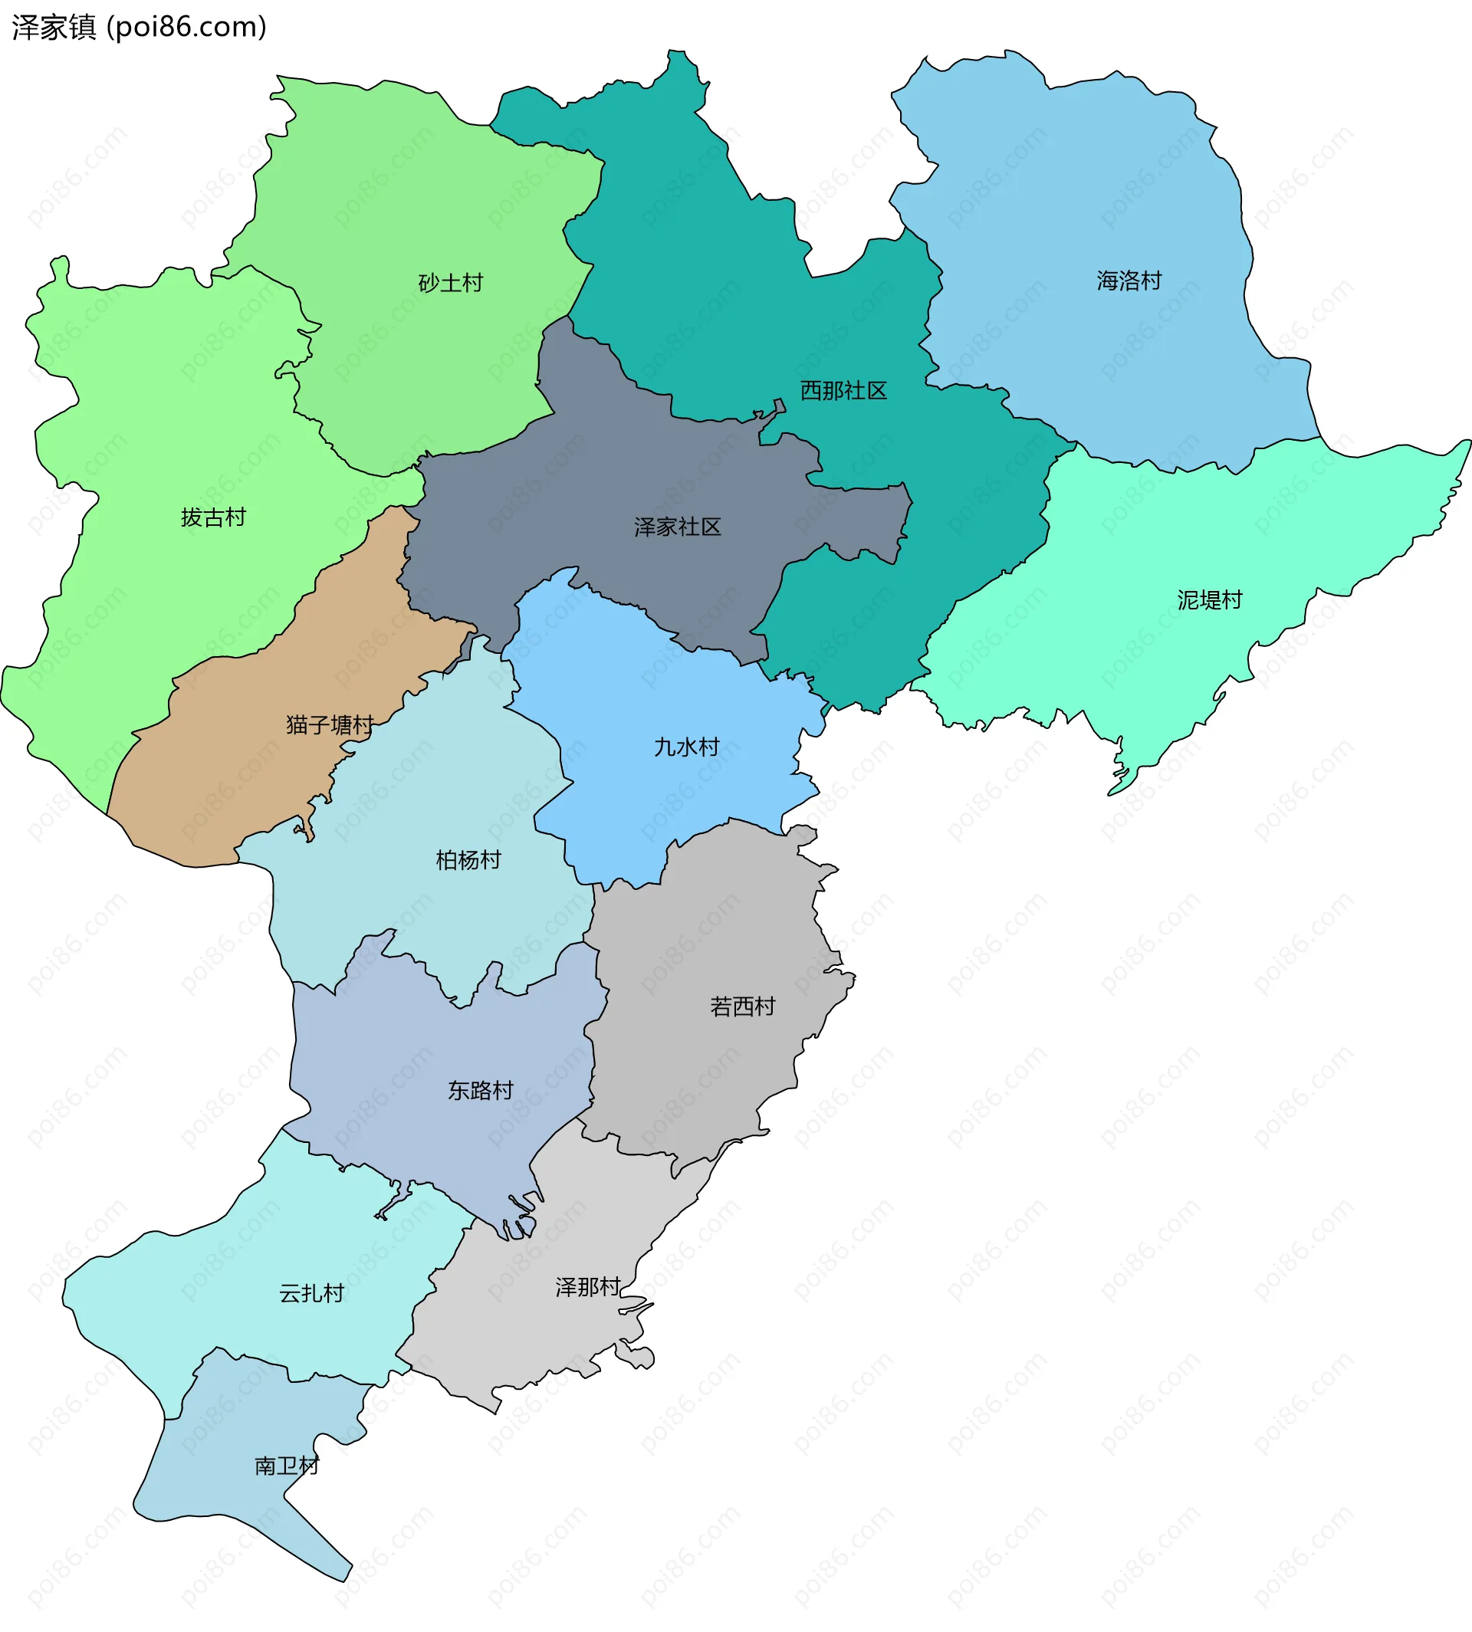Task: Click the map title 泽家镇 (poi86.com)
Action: pyautogui.click(x=139, y=28)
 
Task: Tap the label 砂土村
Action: pyautogui.click(x=451, y=283)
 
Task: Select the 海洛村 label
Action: pyautogui.click(x=1129, y=281)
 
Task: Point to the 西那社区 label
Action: pyautogui.click(x=843, y=391)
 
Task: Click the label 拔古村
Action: pyautogui.click(x=214, y=517)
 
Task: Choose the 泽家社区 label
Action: pyautogui.click(x=678, y=527)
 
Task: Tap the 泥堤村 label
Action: pyautogui.click(x=1209, y=600)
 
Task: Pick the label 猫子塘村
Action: pyautogui.click(x=330, y=724)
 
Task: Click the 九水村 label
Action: pyautogui.click(x=687, y=747)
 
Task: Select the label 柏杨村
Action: pyautogui.click(x=468, y=859)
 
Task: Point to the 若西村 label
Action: pyautogui.click(x=742, y=1006)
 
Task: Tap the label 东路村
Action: pyautogui.click(x=481, y=1090)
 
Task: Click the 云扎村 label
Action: pyautogui.click(x=311, y=1293)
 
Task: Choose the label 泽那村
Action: pyautogui.click(x=588, y=1287)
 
